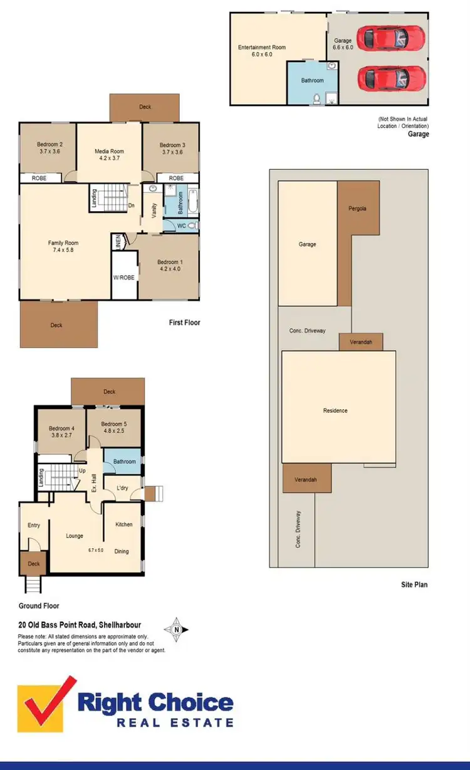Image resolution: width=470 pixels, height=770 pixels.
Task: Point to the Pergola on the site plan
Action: click(357, 207)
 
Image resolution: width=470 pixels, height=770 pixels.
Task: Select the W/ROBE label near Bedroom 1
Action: click(124, 278)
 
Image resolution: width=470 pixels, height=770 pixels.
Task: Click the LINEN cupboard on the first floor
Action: click(117, 240)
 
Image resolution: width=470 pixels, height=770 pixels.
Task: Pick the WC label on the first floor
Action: click(182, 225)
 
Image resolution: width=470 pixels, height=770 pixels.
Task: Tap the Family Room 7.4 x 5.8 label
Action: click(63, 247)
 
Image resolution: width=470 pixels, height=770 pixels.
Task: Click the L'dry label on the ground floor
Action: click(123, 487)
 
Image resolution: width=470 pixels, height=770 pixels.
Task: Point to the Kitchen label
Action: click(123, 524)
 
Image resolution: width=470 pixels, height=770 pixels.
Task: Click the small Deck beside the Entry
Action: click(34, 563)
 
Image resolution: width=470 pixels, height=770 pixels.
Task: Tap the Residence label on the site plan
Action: click(335, 410)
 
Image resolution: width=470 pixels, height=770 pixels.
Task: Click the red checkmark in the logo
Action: click(47, 702)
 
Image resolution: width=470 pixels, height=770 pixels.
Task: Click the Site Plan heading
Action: click(414, 585)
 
